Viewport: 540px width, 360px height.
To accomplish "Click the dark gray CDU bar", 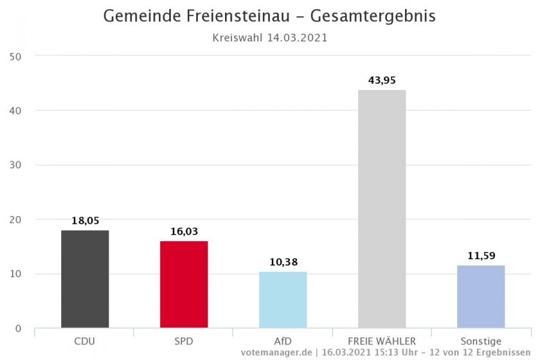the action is pos(85,279).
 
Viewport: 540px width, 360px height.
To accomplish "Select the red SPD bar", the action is pos(184,285).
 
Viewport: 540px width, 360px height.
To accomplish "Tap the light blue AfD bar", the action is pos(283,300).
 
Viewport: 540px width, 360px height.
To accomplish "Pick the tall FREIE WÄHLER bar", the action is pos(382,209).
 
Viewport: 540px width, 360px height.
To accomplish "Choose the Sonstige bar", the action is pos(481,296).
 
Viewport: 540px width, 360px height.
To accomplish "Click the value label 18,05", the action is pos(85,221).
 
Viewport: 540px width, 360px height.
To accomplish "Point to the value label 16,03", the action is pos(184,231).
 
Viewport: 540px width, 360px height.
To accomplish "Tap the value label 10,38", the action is pos(283,262).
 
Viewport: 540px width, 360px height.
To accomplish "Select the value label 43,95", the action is pos(382,80).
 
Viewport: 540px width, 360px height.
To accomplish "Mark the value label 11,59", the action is pos(482,256).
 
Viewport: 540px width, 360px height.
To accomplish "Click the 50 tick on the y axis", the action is pos(15,57).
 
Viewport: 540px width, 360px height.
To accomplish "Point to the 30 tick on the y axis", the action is pos(15,165).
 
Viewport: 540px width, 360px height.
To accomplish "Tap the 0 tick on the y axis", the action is pos(18,328).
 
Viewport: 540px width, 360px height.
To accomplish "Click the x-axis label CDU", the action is pos(85,341).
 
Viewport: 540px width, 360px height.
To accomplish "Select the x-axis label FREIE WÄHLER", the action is pos(382,341).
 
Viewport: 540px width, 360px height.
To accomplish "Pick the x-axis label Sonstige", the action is pos(481,341).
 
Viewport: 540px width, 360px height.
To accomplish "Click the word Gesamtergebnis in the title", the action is pos(373,16).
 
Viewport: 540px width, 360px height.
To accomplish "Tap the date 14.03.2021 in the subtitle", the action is pos(297,37).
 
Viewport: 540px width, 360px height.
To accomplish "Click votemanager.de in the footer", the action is pos(276,353).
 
